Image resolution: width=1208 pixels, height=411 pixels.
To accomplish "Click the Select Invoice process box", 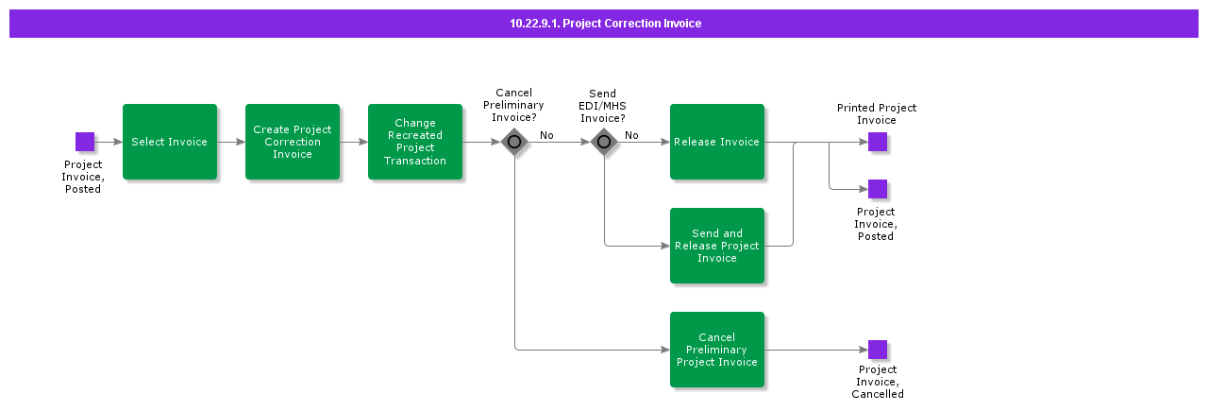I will tap(170, 142).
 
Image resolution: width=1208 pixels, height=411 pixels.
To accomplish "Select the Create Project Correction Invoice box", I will tap(293, 142).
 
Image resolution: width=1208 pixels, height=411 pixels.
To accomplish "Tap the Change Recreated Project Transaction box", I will tap(415, 142).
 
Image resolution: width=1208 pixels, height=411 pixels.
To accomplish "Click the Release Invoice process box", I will tap(717, 142).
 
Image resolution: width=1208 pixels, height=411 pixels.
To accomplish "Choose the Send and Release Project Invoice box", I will tap(717, 246).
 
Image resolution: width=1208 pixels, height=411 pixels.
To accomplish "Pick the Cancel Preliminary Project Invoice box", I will tap(717, 350).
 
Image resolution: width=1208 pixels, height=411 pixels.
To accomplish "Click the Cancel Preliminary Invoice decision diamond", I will tap(514, 143).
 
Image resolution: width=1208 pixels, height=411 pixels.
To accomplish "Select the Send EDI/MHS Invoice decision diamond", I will tap(604, 143).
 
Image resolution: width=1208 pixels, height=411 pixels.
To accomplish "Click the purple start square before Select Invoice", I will tap(85, 142).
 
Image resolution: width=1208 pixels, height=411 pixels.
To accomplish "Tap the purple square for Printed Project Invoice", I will tap(878, 142).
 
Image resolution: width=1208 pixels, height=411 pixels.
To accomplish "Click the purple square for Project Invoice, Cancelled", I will tap(878, 350).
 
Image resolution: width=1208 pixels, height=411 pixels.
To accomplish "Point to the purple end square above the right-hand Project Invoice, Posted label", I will tap(878, 189).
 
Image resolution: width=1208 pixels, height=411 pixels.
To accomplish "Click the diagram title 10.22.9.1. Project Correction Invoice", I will tap(605, 24).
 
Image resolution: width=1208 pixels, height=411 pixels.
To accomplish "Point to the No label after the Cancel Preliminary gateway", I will tap(546, 135).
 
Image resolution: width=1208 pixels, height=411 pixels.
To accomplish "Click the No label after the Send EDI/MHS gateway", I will tap(631, 135).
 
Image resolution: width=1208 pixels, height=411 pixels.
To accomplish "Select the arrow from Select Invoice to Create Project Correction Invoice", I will tap(231, 142).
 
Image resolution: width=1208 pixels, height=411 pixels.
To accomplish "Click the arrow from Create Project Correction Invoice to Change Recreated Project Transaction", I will tap(354, 142).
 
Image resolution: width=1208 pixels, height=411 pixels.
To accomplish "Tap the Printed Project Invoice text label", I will tap(877, 114).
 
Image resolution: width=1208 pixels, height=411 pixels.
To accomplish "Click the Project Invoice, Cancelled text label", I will tap(878, 382).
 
